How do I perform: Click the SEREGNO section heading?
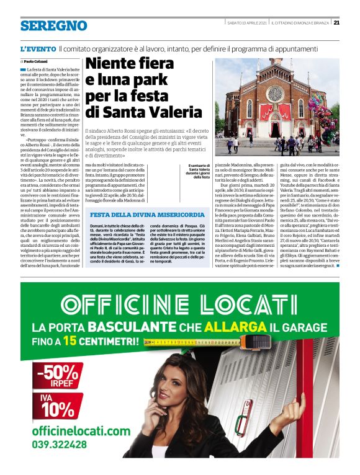[x=53, y=25]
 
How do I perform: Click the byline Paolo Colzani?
[x=37, y=62]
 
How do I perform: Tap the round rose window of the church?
[x=274, y=94]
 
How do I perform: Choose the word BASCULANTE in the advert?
[x=128, y=326]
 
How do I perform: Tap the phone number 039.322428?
[x=61, y=445]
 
